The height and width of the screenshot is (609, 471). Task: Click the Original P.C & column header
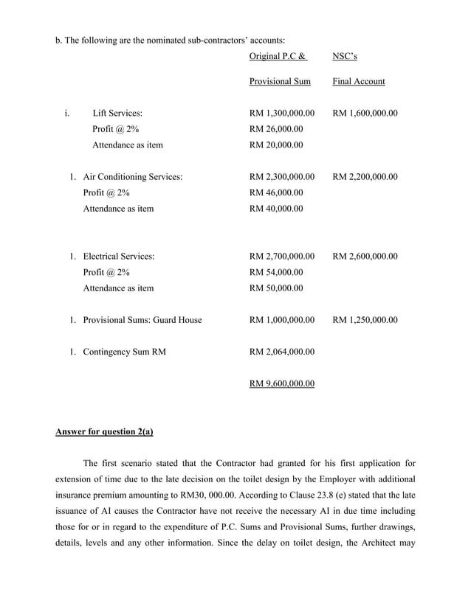pos(278,56)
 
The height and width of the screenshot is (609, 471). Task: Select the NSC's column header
pos(345,56)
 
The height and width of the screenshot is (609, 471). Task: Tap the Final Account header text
pos(359,81)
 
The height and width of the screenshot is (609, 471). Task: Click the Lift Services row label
pos(117,114)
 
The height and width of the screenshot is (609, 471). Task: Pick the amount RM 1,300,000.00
pos(282,114)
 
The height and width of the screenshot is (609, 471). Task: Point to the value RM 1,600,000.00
pos(365,114)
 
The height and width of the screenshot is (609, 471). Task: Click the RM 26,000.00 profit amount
pos(276,130)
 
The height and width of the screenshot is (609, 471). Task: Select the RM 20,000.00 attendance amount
pos(276,145)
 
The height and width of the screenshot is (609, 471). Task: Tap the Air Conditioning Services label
pos(133,177)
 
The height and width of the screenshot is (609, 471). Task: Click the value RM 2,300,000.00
pos(282,177)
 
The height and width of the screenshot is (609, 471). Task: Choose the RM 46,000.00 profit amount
pos(276,193)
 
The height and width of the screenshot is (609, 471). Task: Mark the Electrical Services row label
pos(119,257)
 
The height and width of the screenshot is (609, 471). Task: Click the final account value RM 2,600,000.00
pos(365,257)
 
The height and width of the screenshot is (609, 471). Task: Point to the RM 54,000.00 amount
pos(276,273)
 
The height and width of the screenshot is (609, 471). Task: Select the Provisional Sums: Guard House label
pos(142,320)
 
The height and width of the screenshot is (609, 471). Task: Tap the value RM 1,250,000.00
pos(365,320)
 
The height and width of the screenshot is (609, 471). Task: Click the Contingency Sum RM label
pos(125,352)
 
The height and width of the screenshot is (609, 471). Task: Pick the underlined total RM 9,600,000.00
pos(282,384)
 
